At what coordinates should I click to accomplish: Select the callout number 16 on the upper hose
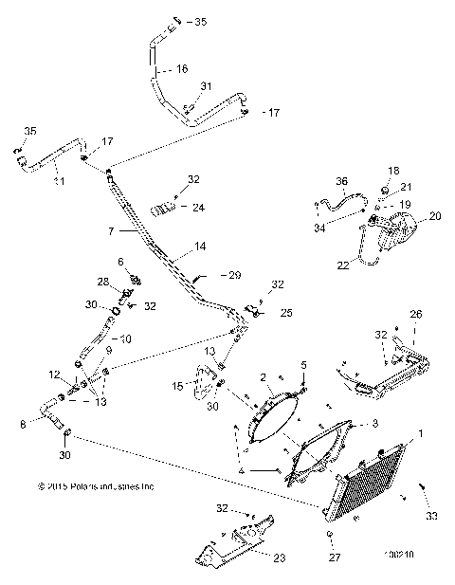click(182, 69)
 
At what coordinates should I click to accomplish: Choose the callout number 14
click(200, 247)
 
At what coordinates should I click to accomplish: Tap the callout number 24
click(198, 207)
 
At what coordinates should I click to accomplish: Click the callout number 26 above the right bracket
click(416, 314)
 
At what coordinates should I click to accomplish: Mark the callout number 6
click(120, 261)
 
